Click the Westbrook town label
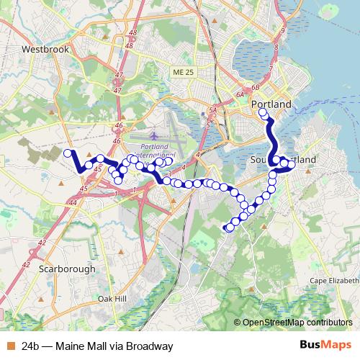pos(45,50)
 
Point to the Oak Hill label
pos(112,298)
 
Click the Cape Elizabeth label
pos(333,280)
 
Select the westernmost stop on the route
pos(68,153)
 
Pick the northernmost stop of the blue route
pos(263,113)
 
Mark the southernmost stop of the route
pos(229,228)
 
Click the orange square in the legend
pos(9,346)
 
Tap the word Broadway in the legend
pos(148,346)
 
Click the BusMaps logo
pos(325,346)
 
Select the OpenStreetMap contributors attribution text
pos(296,323)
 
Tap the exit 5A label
pos(213,110)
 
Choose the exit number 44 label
pos(74,203)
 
